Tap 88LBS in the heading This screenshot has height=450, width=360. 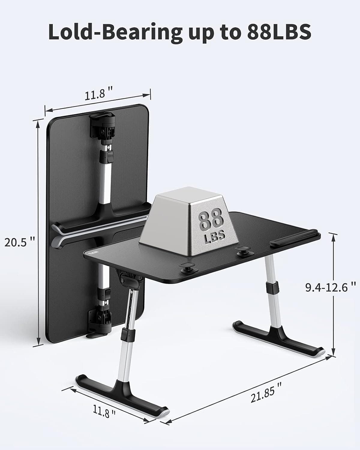coord(279,32)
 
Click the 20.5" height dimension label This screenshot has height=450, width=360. coord(20,242)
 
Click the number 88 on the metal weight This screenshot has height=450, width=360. coord(211,220)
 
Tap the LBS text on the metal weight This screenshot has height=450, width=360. coord(214,236)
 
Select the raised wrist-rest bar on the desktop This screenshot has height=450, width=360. coord(294,238)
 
